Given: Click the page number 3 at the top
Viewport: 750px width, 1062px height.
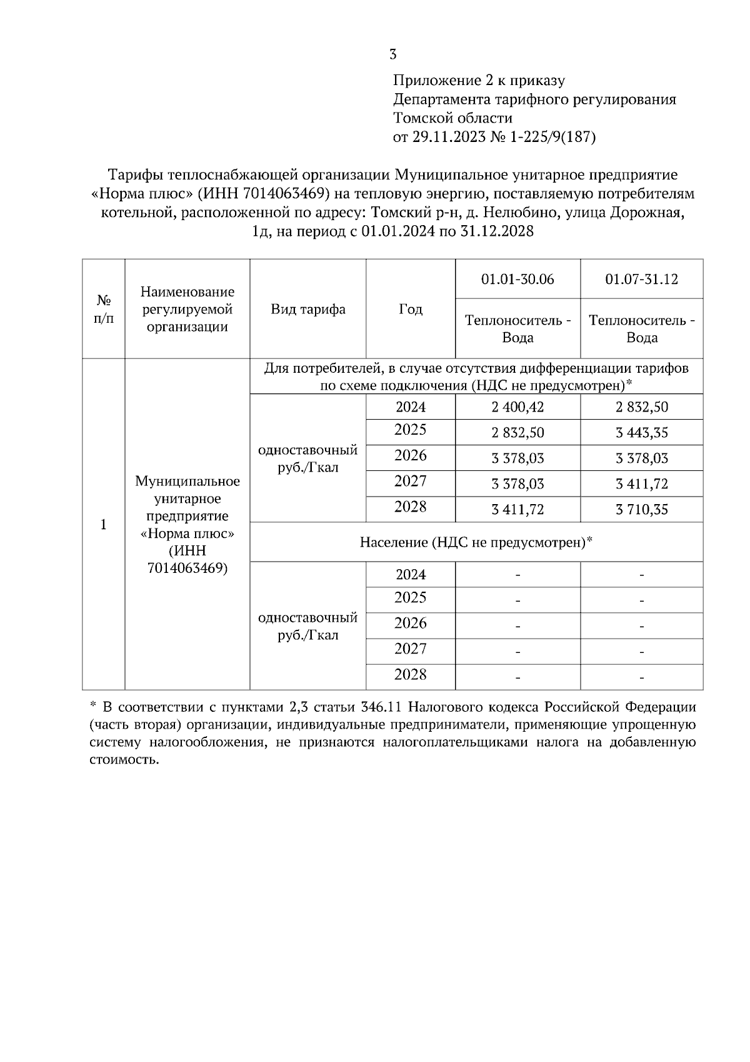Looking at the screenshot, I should [x=392, y=54].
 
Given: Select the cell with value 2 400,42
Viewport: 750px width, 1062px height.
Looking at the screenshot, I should [x=517, y=407].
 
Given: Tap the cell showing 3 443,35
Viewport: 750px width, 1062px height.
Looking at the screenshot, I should [x=641, y=433].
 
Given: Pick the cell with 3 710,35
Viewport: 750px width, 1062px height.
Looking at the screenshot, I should [x=641, y=510].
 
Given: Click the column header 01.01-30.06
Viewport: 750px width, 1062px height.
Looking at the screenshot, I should [x=517, y=279].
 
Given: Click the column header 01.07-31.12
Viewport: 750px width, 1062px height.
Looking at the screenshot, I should [x=641, y=279].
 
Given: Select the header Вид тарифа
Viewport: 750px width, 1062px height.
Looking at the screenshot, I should [x=307, y=309].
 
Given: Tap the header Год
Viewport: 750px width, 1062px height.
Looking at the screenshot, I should [x=410, y=309].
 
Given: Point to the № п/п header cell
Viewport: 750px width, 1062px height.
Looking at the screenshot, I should [x=104, y=309].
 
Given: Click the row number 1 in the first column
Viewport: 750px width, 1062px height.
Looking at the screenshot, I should [x=104, y=524].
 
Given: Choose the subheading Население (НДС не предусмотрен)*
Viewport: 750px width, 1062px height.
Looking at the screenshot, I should [x=476, y=542].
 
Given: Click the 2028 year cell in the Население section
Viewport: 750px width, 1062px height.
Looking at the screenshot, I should [x=410, y=674].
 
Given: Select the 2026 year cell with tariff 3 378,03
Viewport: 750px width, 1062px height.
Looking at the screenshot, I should [x=410, y=455].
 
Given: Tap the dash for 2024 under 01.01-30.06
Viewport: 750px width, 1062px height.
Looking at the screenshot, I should [x=517, y=575].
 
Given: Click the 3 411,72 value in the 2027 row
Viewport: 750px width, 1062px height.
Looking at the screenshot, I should [x=641, y=484].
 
